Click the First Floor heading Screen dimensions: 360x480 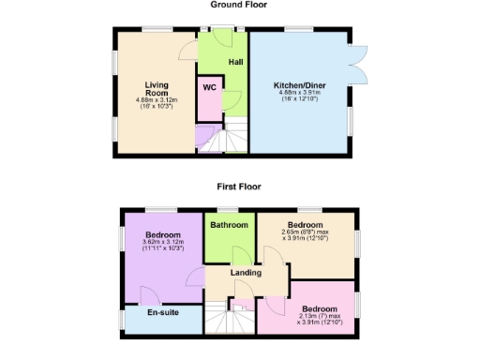[238, 187]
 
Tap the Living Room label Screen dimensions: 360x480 [156, 88]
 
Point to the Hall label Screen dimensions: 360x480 [236, 62]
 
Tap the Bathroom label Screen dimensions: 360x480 [229, 226]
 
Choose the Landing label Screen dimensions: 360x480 [246, 273]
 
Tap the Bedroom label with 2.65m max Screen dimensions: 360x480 [305, 226]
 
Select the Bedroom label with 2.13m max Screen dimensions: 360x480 [320, 308]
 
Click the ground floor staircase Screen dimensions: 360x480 [232, 137]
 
